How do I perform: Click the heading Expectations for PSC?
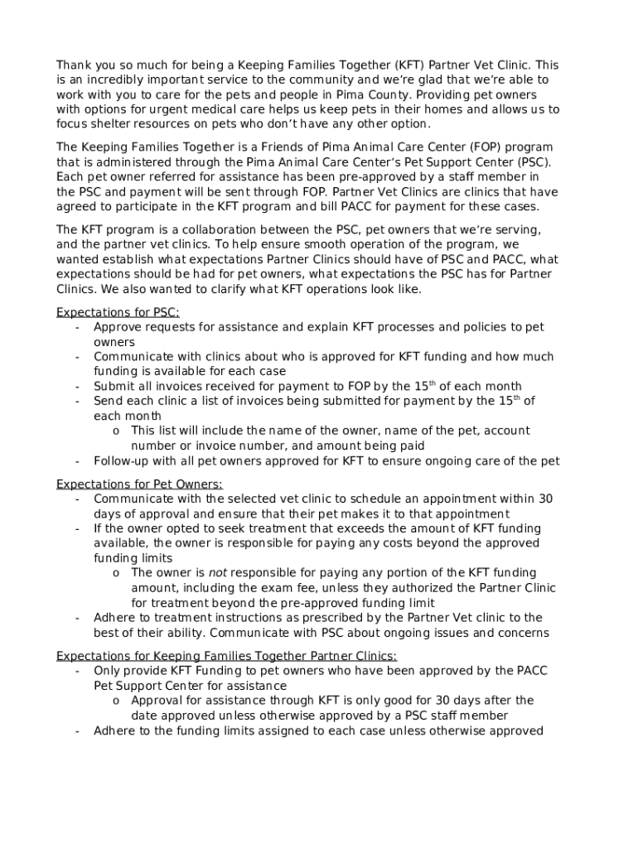(118, 312)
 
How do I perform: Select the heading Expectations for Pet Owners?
(139, 484)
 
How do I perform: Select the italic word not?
(217, 572)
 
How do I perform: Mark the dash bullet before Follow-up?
(77, 460)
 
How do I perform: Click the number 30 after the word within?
(545, 499)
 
